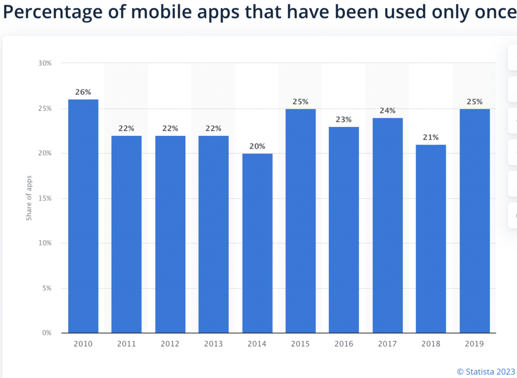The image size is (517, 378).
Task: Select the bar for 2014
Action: (x=257, y=243)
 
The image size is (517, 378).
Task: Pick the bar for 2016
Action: (x=344, y=229)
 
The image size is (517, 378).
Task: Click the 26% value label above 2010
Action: (x=83, y=92)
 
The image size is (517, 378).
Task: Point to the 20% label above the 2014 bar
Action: (x=257, y=147)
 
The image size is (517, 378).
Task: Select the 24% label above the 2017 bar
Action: (x=387, y=111)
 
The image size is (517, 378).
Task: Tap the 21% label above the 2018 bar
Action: (x=431, y=137)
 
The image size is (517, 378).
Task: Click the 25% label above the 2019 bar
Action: (x=474, y=102)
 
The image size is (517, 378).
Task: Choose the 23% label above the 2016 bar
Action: (x=344, y=120)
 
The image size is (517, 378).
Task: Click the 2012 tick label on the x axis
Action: (x=170, y=344)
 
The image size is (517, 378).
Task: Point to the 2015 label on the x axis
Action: (x=300, y=344)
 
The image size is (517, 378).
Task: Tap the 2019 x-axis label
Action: (x=474, y=344)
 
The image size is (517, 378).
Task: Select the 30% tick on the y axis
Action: (x=44, y=63)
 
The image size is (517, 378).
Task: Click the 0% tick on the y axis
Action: (x=46, y=333)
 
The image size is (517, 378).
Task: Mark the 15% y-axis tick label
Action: (x=44, y=198)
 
